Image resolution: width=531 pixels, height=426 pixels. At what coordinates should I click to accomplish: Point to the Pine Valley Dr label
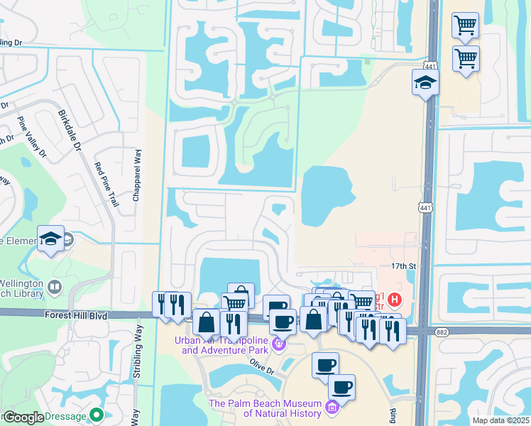point(31,136)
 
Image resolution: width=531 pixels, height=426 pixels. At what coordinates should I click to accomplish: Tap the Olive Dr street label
point(262,361)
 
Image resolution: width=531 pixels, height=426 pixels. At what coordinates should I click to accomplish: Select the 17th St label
point(402,266)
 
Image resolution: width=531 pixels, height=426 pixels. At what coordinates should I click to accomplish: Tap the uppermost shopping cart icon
point(465,25)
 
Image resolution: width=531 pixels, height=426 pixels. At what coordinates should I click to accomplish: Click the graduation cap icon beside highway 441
point(426,83)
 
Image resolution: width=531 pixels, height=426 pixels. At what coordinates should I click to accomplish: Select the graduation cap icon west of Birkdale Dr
point(51,240)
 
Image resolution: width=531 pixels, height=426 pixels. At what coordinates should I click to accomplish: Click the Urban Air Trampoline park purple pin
point(278,344)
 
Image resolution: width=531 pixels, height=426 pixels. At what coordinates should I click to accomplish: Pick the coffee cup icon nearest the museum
point(341,388)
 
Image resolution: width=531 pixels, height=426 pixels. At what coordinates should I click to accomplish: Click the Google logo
point(24,417)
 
